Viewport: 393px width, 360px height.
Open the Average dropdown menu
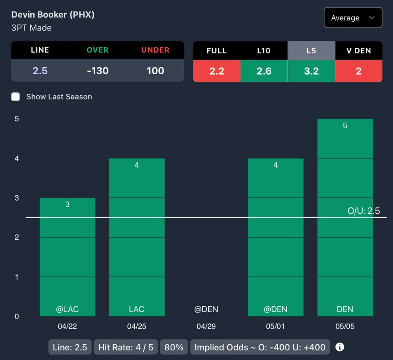(x=353, y=18)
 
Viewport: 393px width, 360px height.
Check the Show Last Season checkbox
(x=15, y=96)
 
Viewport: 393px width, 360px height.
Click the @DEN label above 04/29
(x=206, y=309)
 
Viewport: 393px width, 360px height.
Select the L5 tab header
(x=311, y=50)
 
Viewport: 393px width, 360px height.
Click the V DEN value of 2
(x=358, y=71)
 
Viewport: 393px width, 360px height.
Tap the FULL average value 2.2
(x=216, y=71)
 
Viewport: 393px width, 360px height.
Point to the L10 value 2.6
(x=264, y=71)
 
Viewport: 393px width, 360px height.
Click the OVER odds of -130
(x=98, y=71)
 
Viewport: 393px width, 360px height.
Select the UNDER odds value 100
(x=155, y=71)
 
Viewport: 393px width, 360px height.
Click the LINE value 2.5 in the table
(x=40, y=71)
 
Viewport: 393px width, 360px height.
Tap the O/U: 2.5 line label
(x=363, y=211)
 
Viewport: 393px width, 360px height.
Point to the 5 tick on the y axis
(x=17, y=119)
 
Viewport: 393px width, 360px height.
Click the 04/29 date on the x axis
(x=206, y=327)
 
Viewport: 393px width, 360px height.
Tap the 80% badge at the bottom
(x=174, y=347)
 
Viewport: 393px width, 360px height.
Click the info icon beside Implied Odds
(x=340, y=347)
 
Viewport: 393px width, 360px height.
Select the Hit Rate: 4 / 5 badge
(x=125, y=347)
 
